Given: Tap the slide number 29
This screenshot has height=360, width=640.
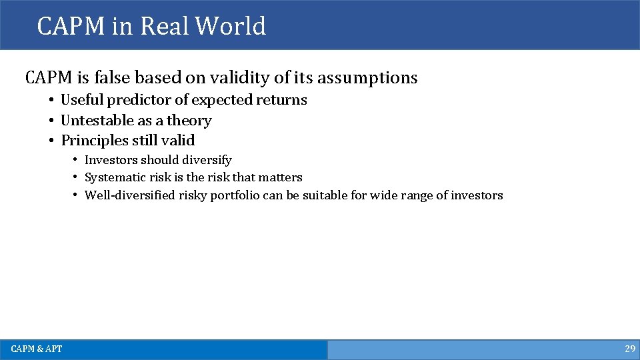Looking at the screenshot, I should click(629, 349).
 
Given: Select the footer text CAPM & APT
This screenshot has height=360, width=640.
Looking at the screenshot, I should click(36, 349).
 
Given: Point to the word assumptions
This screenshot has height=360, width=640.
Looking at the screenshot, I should click(367, 78).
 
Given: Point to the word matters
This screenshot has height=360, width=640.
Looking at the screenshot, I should click(281, 177).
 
